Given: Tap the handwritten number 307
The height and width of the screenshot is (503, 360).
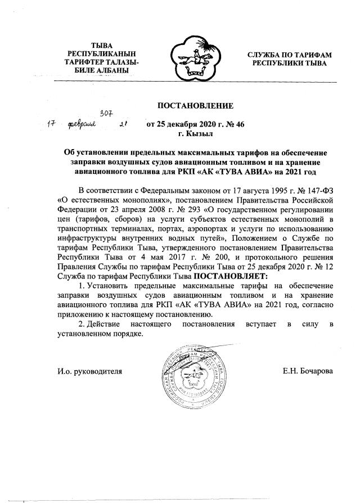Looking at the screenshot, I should click(107, 114).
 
